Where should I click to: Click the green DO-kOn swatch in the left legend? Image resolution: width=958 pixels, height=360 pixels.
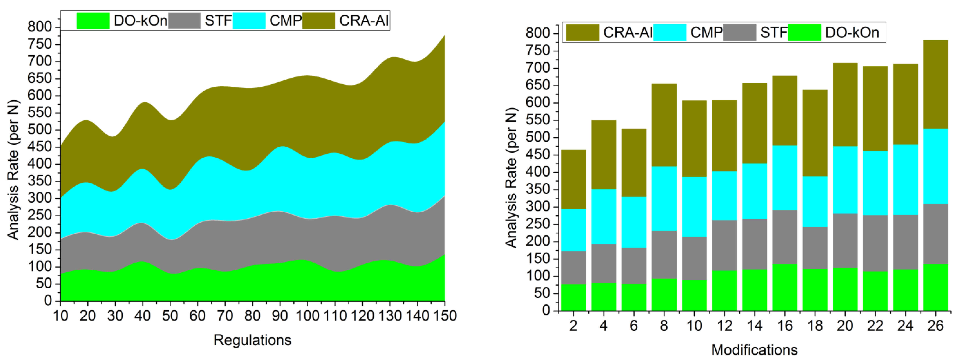coord(93,21)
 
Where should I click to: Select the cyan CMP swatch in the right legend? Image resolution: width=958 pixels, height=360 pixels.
coord(669,33)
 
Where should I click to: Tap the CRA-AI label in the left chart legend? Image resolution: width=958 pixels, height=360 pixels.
coord(364,21)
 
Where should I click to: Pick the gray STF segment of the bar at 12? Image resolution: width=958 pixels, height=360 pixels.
coord(724,245)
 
